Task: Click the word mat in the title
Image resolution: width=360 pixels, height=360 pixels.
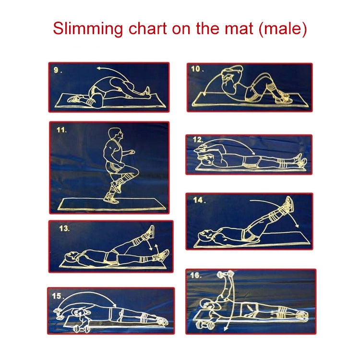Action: [x=240, y=29]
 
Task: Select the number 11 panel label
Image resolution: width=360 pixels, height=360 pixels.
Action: [x=61, y=130]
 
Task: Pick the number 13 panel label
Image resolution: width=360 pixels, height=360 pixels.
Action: [x=64, y=228]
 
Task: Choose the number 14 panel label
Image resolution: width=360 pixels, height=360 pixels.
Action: [x=198, y=200]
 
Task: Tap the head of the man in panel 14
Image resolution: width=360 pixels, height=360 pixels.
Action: [x=204, y=235]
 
